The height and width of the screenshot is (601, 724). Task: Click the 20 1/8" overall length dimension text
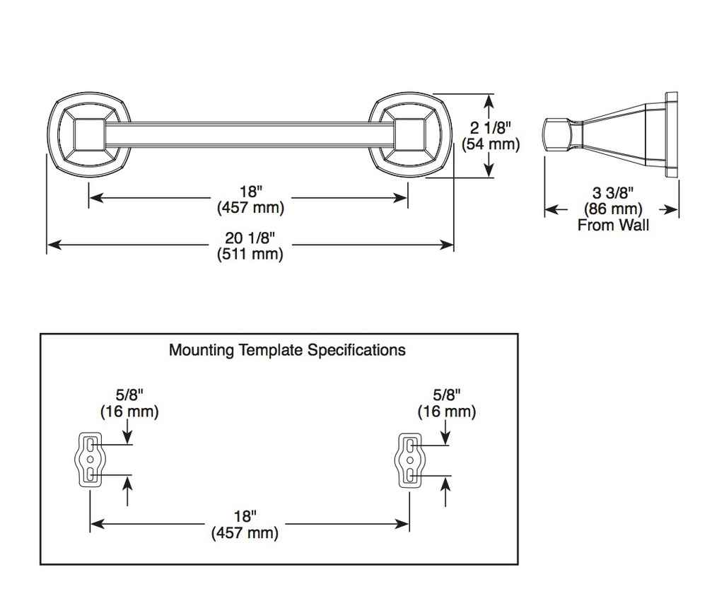(x=250, y=238)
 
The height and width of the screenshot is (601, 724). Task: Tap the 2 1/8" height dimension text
(x=491, y=127)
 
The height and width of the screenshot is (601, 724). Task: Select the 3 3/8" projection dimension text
(x=613, y=192)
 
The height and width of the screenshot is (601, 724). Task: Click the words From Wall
(x=613, y=226)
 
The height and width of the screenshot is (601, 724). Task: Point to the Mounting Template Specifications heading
(x=287, y=350)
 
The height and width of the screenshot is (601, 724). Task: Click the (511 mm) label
(x=250, y=255)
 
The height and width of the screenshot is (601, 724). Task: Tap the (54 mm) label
(x=491, y=144)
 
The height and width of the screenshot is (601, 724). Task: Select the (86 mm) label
(x=613, y=209)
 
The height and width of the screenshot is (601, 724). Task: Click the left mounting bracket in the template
(x=90, y=460)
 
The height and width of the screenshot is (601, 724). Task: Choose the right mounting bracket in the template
(x=409, y=460)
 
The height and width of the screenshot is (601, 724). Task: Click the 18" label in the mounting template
(x=245, y=516)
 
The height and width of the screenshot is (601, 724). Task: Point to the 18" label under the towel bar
(x=251, y=191)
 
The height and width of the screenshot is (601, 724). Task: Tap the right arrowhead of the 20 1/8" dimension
(x=447, y=244)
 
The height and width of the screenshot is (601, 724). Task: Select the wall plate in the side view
(x=672, y=134)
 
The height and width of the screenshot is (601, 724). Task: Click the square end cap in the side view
(x=556, y=134)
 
